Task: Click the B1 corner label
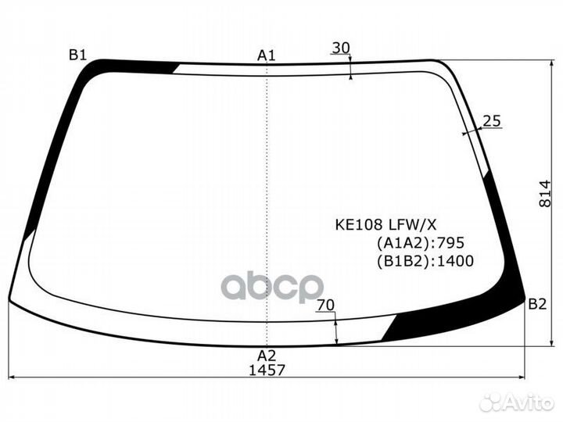point(78,55)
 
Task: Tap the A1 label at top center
point(267,55)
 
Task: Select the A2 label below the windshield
point(267,356)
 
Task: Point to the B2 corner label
point(537,304)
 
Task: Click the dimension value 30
point(341,48)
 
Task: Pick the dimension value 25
point(492,121)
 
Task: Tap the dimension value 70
point(325,305)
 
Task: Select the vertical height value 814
point(545,194)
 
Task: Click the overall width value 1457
point(267,370)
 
